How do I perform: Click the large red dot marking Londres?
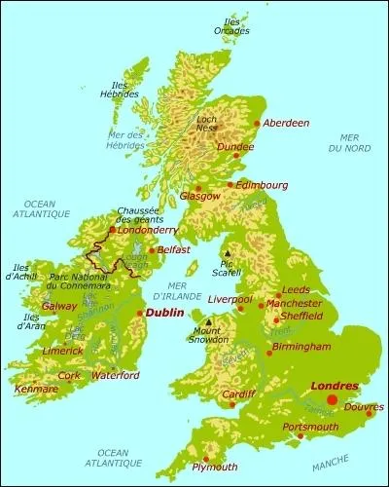333,399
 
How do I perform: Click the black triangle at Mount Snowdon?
208,322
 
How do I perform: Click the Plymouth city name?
215,468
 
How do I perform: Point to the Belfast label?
173,249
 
